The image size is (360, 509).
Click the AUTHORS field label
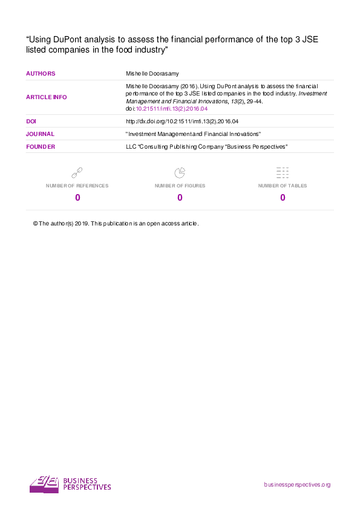[x=41, y=74]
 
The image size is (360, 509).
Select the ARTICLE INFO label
[x=47, y=97]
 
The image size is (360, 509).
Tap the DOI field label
[x=31, y=122]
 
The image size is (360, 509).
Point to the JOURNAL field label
[x=40, y=134]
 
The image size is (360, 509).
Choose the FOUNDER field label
[x=41, y=147]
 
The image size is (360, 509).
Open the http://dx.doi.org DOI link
[x=182, y=122]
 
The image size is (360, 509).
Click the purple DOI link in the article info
[x=172, y=109]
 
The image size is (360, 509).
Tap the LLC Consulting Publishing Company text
[x=206, y=147]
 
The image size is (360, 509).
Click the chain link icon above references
[x=77, y=173]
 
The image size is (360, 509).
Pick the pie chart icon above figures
[x=180, y=173]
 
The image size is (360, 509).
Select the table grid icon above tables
[x=283, y=173]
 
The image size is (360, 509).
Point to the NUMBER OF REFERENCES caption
[x=77, y=186]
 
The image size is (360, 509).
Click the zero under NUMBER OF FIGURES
[x=180, y=198]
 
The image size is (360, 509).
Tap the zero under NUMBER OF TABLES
[x=283, y=198]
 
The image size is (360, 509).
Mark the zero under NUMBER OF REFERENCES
[x=77, y=198]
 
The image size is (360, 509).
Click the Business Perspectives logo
[x=70, y=484]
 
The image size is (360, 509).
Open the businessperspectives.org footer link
[x=297, y=485]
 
